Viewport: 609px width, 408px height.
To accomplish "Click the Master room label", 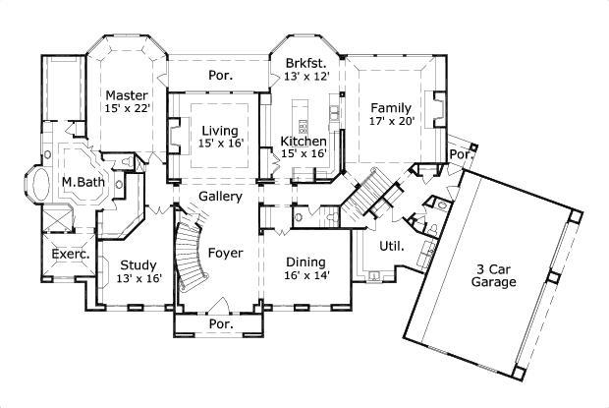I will pyautogui.click(x=128, y=94).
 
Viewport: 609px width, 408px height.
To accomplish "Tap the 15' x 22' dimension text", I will pyautogui.click(x=128, y=108).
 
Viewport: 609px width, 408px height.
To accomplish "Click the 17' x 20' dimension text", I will pyautogui.click(x=392, y=122).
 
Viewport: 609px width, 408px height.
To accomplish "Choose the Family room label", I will pyautogui.click(x=392, y=107).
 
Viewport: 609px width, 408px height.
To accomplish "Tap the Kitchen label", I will pyautogui.click(x=304, y=141).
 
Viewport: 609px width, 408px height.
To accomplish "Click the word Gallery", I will pyautogui.click(x=221, y=197).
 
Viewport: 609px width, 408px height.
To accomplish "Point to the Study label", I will pyautogui.click(x=137, y=264).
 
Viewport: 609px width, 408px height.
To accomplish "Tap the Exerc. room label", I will pyautogui.click(x=71, y=254).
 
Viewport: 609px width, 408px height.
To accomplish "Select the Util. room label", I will pyautogui.click(x=391, y=246).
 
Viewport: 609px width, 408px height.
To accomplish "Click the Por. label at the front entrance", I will pyautogui.click(x=219, y=322).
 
